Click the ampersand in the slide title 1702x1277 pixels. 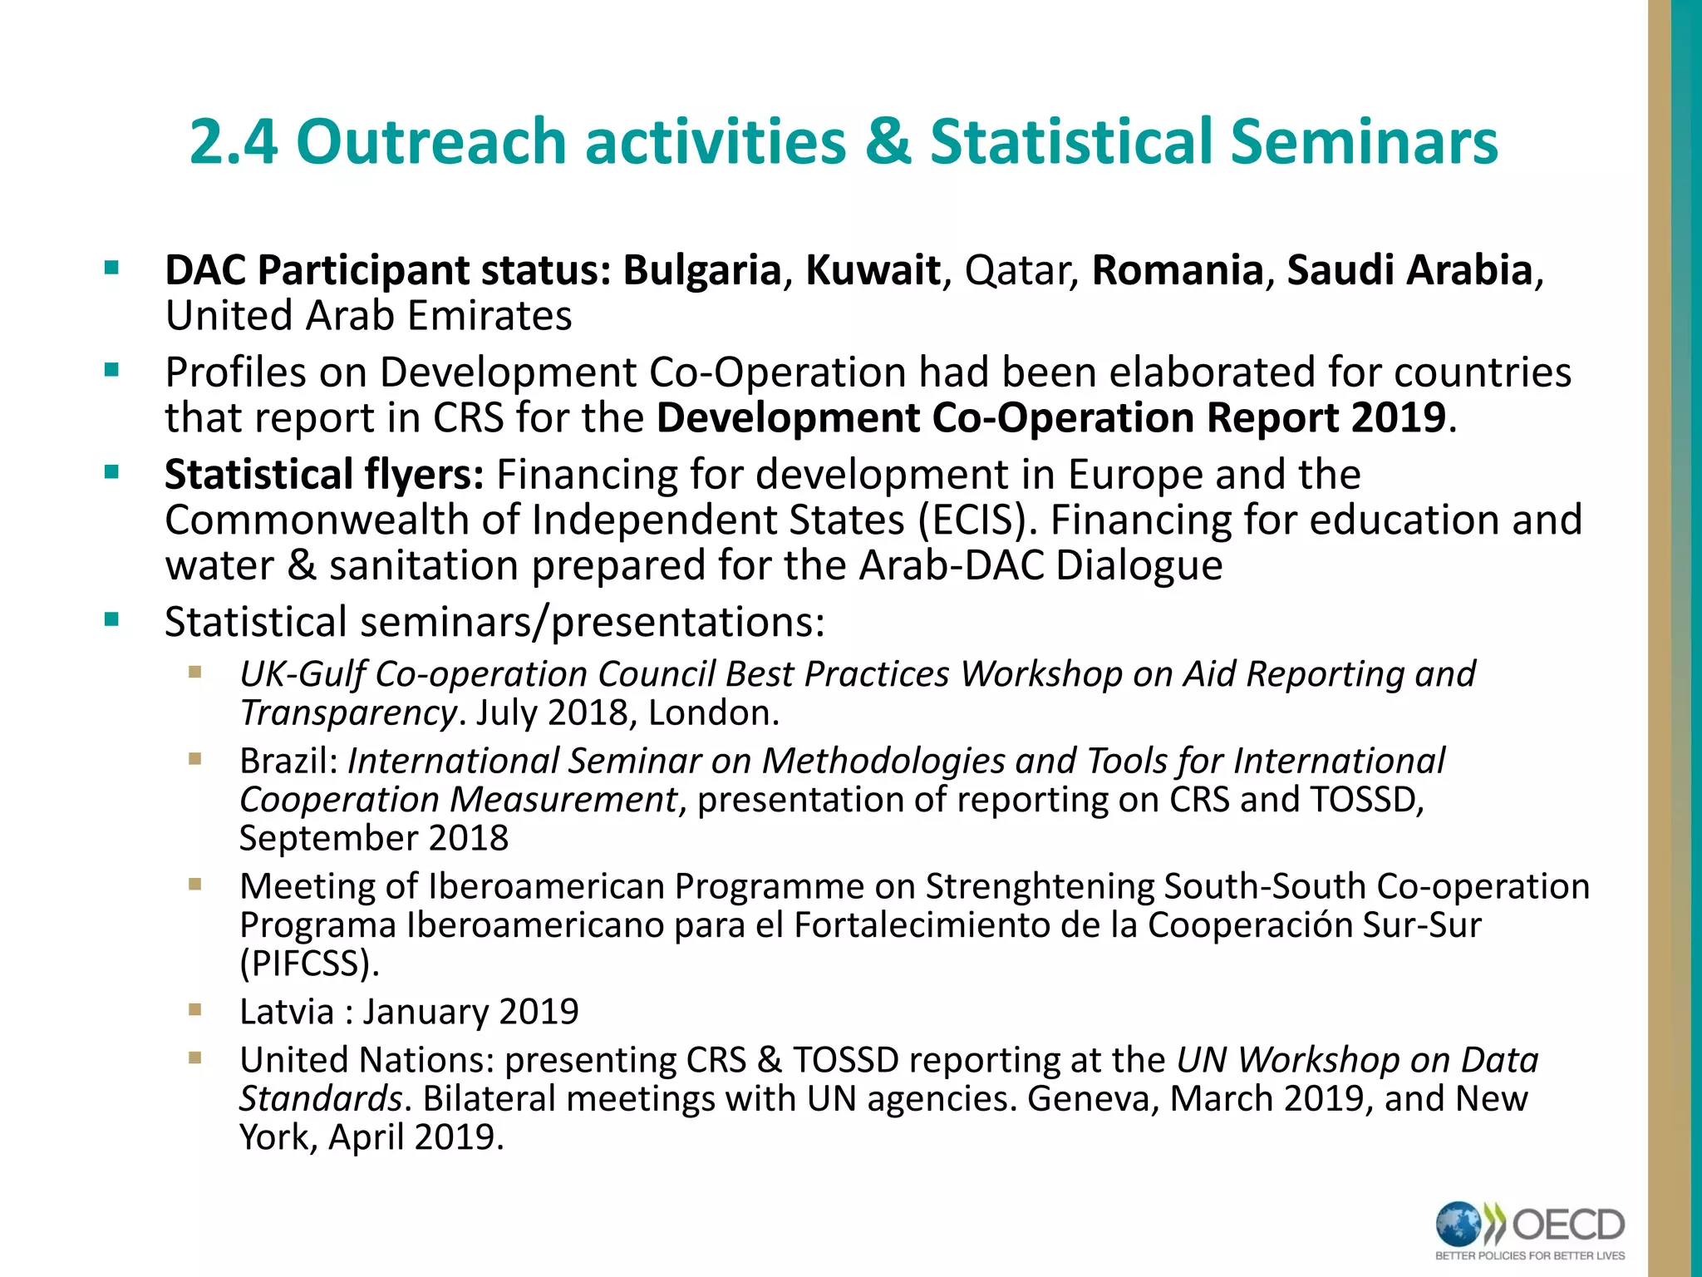[x=887, y=141]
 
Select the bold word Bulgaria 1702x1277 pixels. [x=702, y=270]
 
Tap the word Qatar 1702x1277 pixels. [x=1021, y=271]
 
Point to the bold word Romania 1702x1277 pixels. [x=1177, y=270]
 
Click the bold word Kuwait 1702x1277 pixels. [x=873, y=270]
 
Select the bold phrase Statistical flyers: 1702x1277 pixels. [x=324, y=475]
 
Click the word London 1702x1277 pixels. [x=712, y=712]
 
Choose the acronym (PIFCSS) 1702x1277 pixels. [x=309, y=963]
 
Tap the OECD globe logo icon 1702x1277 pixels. [x=1459, y=1225]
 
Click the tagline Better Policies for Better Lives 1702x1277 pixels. [x=1529, y=1255]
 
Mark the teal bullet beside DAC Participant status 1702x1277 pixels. [x=111, y=269]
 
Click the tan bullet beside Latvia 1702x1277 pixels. [x=195, y=1010]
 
